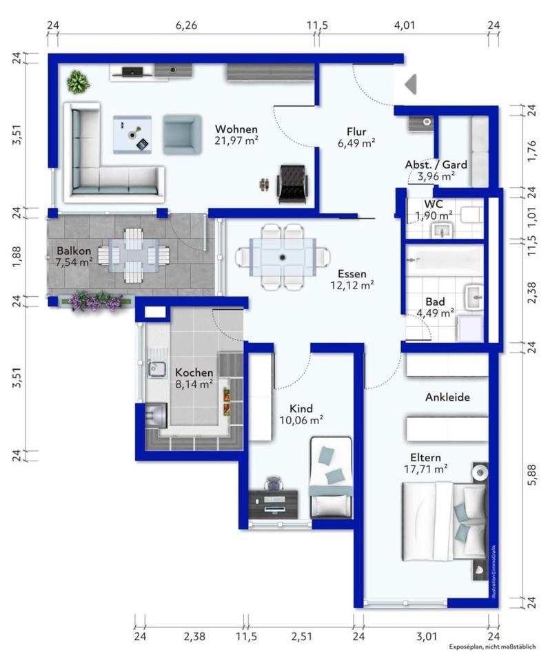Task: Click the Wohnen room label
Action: click(236, 129)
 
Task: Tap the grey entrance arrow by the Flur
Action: click(411, 84)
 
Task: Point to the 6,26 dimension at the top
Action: click(186, 25)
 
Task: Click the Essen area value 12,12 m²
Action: click(352, 285)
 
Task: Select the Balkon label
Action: click(74, 251)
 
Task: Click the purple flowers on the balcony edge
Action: click(97, 301)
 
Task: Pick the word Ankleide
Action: click(447, 397)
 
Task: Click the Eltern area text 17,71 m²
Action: click(425, 469)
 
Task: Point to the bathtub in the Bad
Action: click(444, 262)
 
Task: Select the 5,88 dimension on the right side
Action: click(532, 474)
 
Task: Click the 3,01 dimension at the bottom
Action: click(427, 636)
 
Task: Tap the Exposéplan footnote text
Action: click(492, 647)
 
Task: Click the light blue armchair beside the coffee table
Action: click(181, 134)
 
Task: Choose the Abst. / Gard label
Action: click(436, 165)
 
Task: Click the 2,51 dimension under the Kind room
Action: click(301, 636)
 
